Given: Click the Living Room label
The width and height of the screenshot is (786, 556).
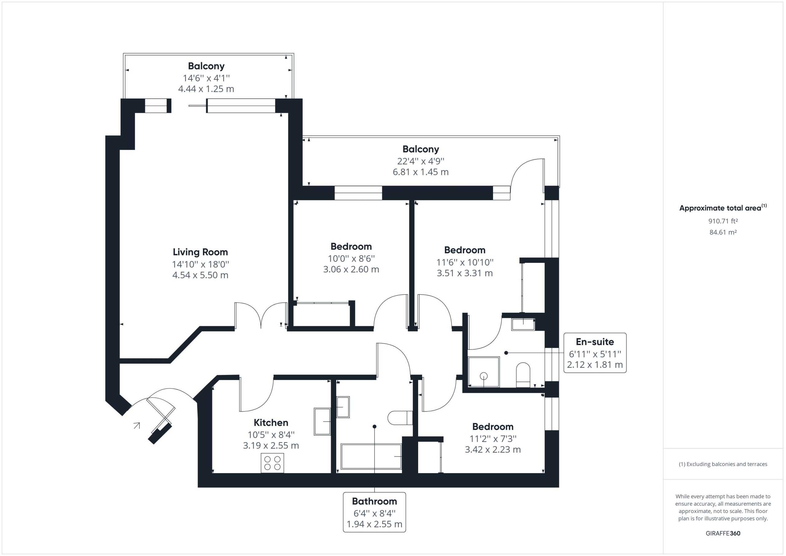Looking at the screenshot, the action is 200,252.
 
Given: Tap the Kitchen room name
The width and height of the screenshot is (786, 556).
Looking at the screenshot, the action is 271,423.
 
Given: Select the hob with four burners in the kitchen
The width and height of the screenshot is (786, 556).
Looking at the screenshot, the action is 272,463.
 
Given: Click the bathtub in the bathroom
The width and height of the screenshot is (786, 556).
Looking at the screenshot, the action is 371,457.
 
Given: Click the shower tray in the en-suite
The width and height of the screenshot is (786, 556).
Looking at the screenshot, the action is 483,372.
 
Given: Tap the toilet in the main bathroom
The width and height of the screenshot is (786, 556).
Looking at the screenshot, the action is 400,418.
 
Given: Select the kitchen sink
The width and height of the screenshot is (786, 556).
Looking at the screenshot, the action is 322,422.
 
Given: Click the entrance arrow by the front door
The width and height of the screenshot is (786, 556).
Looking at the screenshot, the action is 137,426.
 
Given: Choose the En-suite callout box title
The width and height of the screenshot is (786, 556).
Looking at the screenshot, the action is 595,342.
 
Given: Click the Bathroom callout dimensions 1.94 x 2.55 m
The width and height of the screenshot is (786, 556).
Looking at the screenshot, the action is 374,524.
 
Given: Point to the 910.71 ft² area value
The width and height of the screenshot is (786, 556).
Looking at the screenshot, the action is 723,221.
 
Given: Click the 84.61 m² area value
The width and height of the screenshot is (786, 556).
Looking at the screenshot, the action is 723,232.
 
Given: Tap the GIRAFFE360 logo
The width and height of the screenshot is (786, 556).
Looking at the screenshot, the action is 723,533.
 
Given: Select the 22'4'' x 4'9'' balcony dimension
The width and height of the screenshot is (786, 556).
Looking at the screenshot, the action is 420,161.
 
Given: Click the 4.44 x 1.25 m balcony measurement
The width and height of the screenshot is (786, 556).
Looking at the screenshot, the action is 206,89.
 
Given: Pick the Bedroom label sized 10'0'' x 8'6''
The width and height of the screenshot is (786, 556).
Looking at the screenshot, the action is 351,247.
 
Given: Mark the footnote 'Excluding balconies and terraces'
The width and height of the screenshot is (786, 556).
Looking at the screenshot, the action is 723,464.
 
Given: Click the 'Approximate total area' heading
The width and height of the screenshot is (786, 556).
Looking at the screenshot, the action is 723,208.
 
